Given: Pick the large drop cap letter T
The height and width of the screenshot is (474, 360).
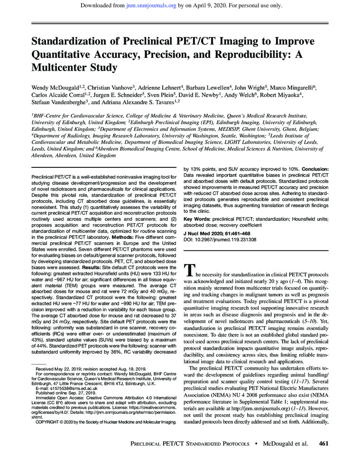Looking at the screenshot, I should (188, 270).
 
